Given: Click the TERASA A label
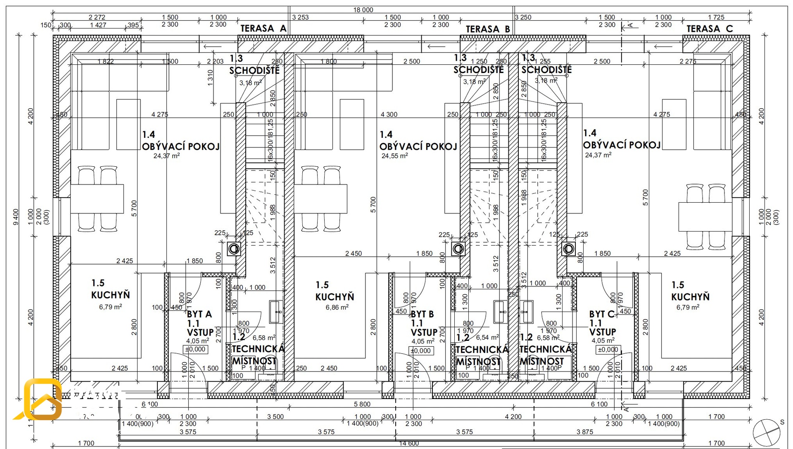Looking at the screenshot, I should (x=263, y=28).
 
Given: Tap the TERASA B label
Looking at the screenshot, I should (x=488, y=29).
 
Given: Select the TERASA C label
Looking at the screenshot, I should (x=710, y=28).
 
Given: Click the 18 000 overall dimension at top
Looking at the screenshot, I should (x=363, y=10).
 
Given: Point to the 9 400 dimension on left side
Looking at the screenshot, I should (x=16, y=217).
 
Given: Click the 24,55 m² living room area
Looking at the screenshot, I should (x=394, y=156).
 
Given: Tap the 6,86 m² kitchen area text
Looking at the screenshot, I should (x=337, y=307).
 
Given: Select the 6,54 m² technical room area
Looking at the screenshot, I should (x=487, y=338).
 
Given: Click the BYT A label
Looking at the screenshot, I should (x=199, y=314).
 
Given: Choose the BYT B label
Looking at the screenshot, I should (x=422, y=314).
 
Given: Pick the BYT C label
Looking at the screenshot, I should (x=602, y=314).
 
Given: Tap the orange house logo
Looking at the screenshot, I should (x=41, y=399).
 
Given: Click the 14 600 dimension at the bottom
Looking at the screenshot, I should (x=409, y=443).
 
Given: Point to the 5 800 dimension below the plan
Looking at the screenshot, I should (x=362, y=404).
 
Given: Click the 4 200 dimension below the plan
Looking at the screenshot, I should (x=513, y=417).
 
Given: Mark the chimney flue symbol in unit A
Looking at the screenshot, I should (x=234, y=248).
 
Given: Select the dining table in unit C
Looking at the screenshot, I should (x=705, y=217).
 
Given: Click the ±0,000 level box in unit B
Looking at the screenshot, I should (x=421, y=351).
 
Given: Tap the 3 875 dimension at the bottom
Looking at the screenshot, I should (x=584, y=432).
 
